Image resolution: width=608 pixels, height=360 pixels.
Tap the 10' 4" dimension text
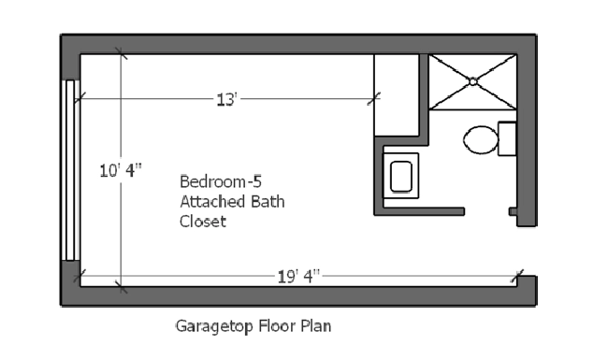121,170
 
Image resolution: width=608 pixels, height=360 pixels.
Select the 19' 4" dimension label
298,275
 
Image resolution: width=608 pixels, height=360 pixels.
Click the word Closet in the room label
203,222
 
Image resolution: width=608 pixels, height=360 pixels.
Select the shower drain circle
473,81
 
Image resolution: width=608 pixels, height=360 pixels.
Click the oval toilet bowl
481,140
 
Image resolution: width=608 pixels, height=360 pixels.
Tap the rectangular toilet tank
508,138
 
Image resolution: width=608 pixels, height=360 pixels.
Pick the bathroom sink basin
400,176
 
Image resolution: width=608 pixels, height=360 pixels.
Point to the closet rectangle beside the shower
397,94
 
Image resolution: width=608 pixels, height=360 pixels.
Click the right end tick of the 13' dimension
375,96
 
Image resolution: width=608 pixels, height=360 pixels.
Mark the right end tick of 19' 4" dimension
516,276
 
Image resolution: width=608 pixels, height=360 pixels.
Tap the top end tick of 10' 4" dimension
119,54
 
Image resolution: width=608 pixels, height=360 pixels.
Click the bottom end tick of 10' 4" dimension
119,284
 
